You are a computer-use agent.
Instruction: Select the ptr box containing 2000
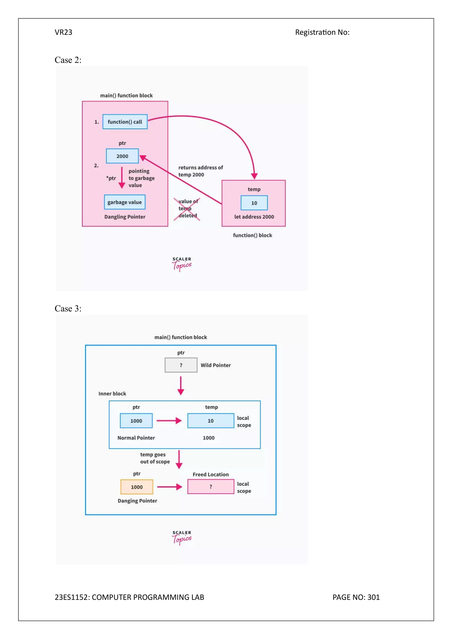coord(122,156)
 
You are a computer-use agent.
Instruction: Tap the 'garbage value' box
coord(124,202)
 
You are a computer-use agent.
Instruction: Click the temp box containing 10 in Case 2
coord(254,203)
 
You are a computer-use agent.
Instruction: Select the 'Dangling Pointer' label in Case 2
coord(125,217)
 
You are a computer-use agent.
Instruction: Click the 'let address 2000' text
coord(254,217)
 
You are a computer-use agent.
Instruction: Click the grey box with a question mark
coord(181,365)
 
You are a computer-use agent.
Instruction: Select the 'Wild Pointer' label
coord(216,365)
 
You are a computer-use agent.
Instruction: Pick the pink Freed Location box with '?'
coord(211,487)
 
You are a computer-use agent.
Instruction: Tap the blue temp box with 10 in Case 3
coord(211,421)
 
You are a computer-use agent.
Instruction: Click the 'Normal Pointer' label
coord(136,438)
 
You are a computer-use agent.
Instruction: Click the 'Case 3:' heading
coord(68,309)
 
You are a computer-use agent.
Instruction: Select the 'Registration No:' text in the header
coord(322,32)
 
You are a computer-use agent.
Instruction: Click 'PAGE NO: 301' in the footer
coord(356,597)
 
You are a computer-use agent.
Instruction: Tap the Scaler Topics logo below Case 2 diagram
coord(182,264)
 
